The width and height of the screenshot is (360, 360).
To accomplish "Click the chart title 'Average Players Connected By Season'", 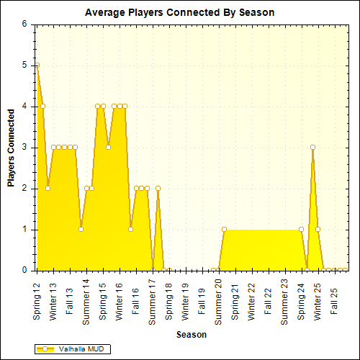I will tap(179, 12).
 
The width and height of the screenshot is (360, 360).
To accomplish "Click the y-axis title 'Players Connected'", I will tap(11, 148).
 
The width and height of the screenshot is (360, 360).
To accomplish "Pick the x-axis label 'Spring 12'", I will tap(37, 301).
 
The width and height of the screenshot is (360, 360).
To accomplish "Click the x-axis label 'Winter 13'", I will tap(53, 301).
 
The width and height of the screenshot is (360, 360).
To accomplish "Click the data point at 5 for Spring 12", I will tap(37, 65).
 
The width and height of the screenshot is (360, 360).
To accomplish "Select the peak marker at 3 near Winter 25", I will tap(312, 147).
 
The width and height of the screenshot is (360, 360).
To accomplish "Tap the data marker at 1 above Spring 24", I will tap(302, 230).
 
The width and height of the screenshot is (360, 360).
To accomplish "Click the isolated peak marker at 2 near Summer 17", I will tap(158, 189).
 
